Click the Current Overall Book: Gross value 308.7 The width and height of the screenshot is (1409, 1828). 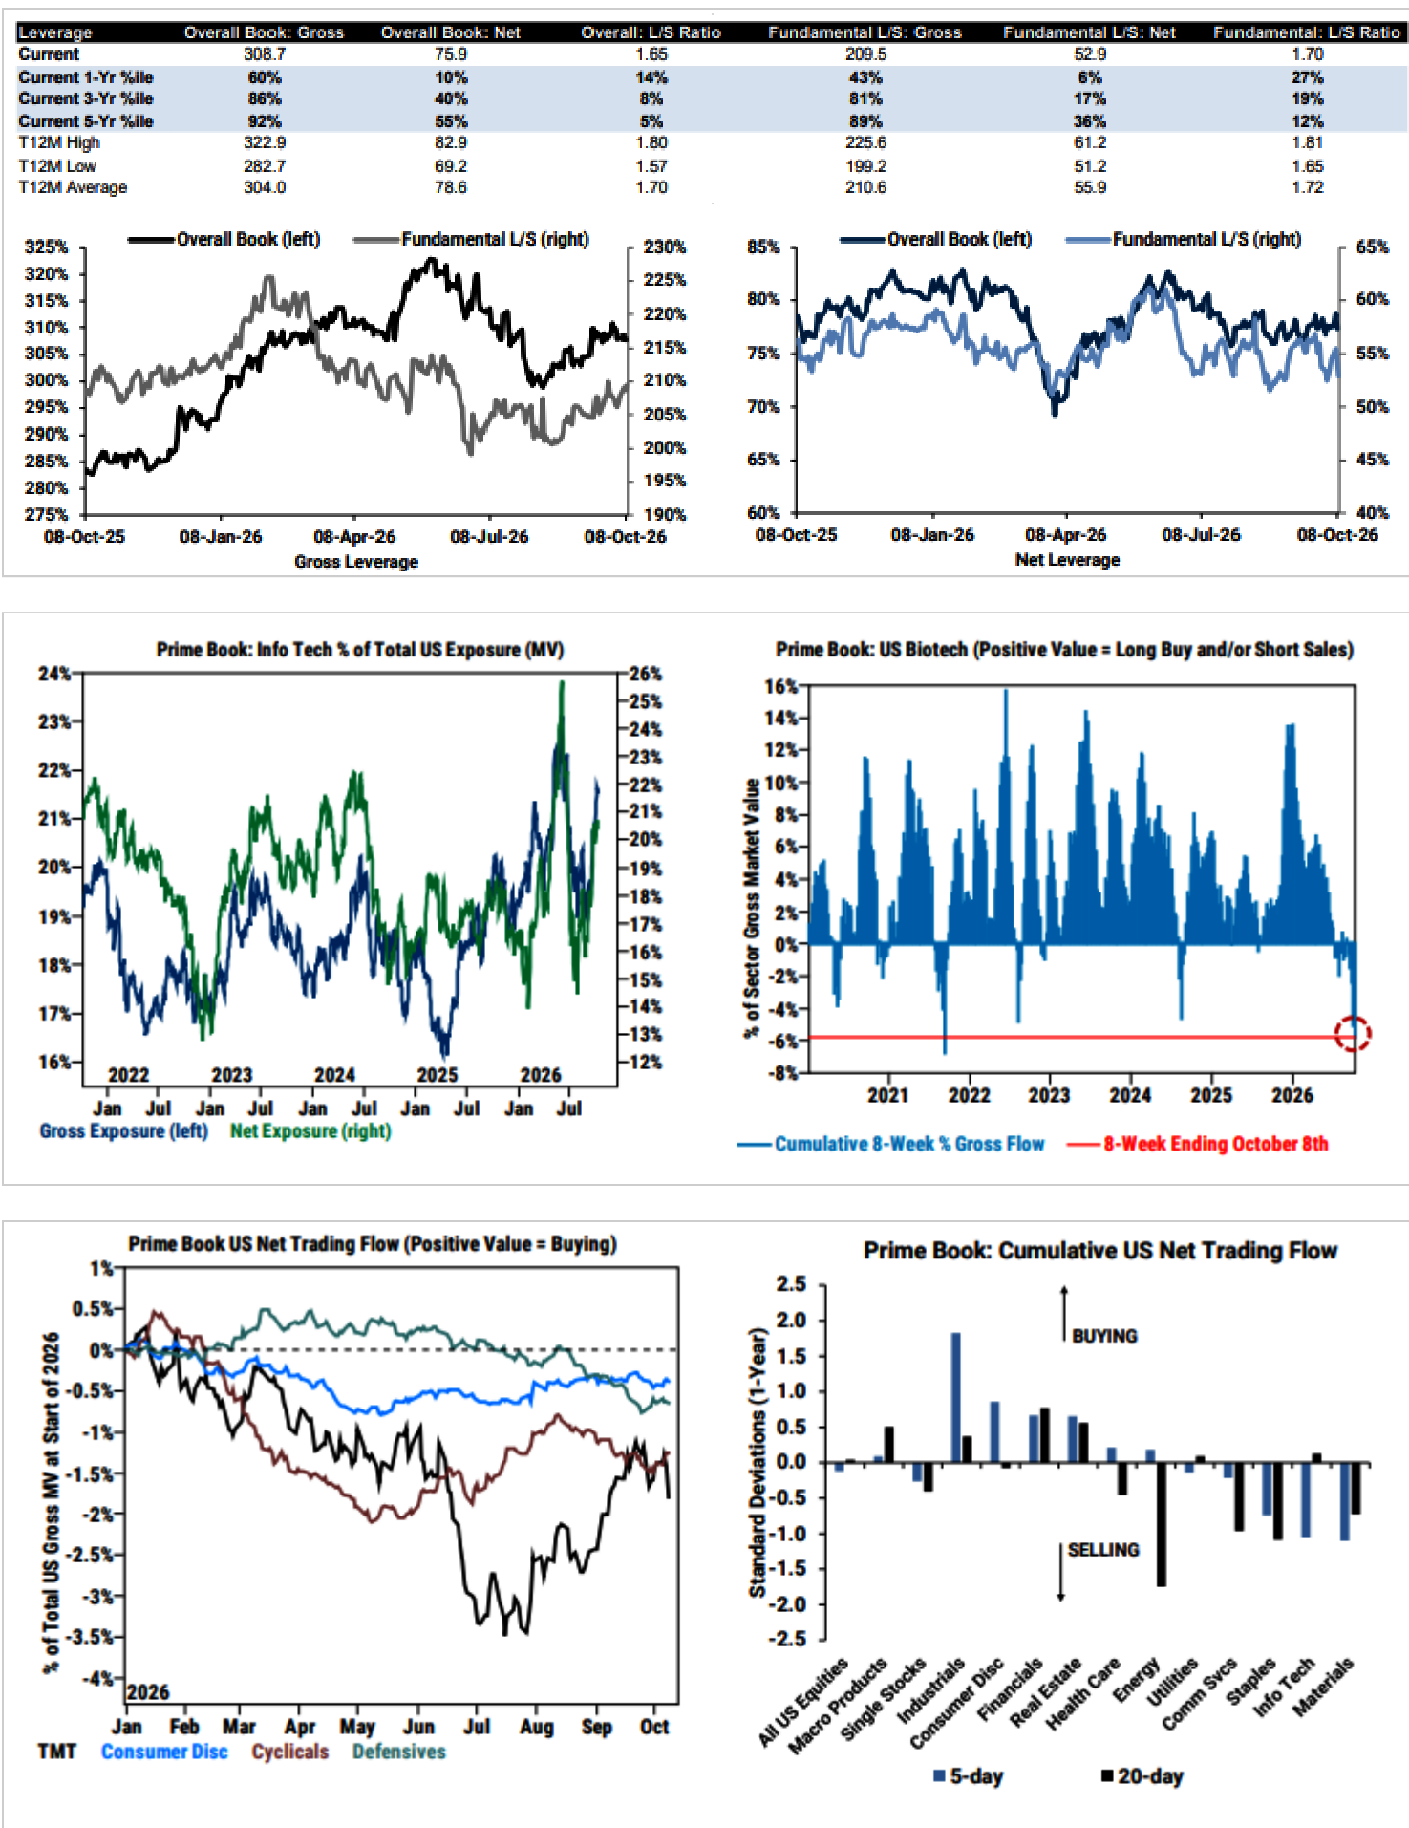(x=265, y=54)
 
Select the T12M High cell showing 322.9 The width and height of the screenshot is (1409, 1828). (x=265, y=142)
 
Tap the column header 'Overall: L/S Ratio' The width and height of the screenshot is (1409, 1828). (x=651, y=32)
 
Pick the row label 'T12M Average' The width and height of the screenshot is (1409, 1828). (x=73, y=187)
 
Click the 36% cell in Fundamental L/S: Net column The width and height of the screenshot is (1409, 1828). (x=1090, y=121)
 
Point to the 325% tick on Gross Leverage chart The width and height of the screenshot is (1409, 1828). (x=46, y=247)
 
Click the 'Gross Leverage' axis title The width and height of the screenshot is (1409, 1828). (x=356, y=561)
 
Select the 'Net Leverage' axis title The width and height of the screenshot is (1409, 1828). (x=1067, y=559)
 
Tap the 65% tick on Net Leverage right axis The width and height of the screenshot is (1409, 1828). (x=1372, y=247)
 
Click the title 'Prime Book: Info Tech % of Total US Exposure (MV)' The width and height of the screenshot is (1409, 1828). (x=360, y=650)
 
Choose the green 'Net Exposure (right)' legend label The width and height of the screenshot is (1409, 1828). (x=310, y=1130)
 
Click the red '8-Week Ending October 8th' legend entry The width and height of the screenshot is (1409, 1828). (x=1216, y=1144)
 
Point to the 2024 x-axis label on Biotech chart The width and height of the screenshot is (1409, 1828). (x=1130, y=1095)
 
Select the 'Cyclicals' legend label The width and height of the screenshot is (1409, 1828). (x=290, y=1752)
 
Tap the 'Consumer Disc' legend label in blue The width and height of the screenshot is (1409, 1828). (x=164, y=1752)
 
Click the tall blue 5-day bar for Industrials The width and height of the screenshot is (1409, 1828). (x=955, y=1398)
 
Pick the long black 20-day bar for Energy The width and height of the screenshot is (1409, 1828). (x=1162, y=1525)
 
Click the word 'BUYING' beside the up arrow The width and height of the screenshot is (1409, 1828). (x=1104, y=1336)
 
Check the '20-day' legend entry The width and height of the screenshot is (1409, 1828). (x=1142, y=1776)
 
